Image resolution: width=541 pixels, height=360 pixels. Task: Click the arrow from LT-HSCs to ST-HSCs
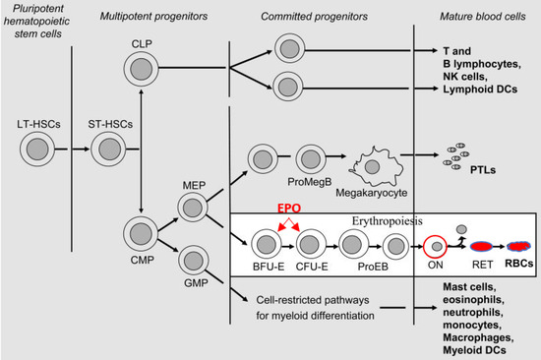[72, 150]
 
